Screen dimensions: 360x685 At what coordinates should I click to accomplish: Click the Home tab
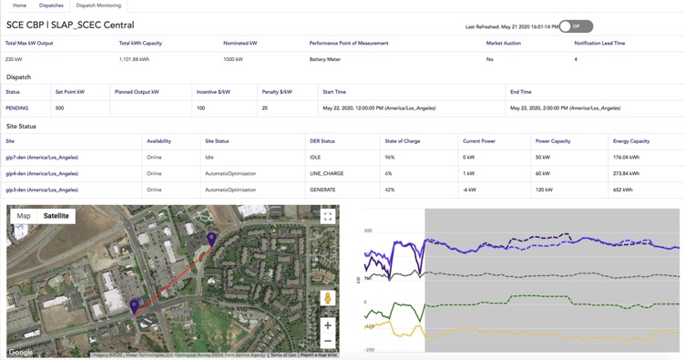pos(19,5)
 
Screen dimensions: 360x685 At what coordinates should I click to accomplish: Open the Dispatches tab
pos(51,5)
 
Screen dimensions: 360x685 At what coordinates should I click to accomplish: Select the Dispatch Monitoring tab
pos(98,5)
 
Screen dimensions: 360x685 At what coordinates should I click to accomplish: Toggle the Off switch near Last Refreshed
pos(576,26)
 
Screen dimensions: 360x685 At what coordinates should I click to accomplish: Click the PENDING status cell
pos(17,108)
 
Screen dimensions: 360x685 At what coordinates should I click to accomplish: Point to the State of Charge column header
pos(402,141)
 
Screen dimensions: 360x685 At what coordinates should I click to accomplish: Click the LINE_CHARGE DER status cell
pos(326,173)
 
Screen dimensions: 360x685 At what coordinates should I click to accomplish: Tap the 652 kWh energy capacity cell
pos(623,190)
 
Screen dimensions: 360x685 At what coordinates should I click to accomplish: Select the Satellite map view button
pos(56,216)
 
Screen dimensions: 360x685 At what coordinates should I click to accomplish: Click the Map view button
pos(24,216)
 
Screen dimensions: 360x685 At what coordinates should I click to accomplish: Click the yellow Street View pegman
pos(327,298)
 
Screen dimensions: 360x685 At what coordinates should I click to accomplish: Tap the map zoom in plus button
pos(327,325)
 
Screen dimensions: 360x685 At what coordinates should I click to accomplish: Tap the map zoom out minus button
pos(327,341)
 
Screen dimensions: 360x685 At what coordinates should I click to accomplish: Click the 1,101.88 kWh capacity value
pos(134,59)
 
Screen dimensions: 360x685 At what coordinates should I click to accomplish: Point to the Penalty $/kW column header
pos(277,92)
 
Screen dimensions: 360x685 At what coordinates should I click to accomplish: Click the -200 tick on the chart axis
pos(369,349)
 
